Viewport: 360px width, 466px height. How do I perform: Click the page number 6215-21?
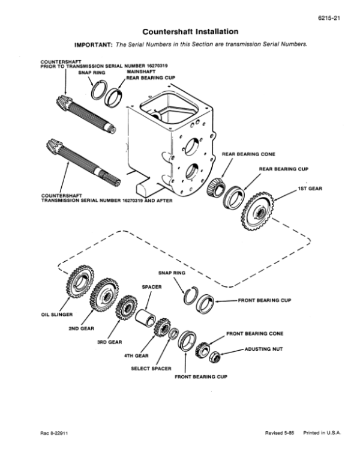point(329,18)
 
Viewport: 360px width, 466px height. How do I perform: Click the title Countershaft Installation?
point(190,31)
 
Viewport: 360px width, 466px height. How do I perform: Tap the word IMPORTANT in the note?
point(94,44)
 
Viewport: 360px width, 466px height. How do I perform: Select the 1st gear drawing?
point(258,211)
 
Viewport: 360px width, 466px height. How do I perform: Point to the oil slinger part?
point(80,280)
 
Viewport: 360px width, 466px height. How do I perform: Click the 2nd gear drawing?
point(104,295)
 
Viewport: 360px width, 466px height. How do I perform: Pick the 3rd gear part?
point(126,307)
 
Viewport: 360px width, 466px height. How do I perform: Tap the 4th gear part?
point(162,327)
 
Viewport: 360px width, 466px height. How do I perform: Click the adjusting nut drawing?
point(214,357)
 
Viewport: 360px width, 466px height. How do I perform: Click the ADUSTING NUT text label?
point(264,349)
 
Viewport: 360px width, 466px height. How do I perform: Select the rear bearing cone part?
point(216,187)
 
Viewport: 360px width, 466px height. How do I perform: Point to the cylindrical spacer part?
point(145,318)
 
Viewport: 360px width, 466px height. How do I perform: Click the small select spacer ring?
point(173,333)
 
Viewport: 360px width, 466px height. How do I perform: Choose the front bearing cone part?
point(203,349)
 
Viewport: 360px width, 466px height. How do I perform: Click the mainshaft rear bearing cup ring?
point(114,98)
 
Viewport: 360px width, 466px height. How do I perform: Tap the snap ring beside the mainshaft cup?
point(98,90)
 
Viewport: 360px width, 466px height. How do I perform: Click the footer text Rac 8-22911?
point(54,433)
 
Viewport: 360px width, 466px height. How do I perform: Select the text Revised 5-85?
point(280,433)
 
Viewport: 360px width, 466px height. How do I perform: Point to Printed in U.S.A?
point(322,433)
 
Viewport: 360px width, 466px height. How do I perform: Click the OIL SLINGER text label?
point(57,315)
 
